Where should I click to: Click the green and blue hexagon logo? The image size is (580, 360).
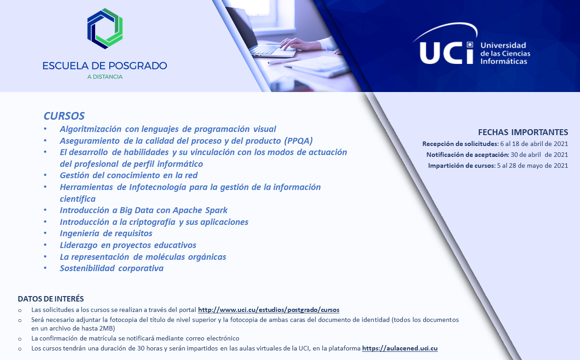coord(105,29)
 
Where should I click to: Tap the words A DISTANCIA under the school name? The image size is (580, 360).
coord(105,77)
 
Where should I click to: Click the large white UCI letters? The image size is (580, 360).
coord(446,53)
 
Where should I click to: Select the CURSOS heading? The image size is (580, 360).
coord(64,116)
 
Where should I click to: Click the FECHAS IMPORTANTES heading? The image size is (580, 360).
coord(523,132)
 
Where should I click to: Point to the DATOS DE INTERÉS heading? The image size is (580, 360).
coord(51,299)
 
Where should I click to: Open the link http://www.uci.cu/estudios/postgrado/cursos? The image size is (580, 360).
coord(269,310)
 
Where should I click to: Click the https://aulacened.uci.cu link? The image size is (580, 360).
coord(400,348)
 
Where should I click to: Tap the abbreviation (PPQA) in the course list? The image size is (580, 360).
coord(298,141)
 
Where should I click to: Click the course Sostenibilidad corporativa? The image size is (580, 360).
coord(111,268)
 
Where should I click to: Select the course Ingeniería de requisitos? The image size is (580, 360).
coord(106,233)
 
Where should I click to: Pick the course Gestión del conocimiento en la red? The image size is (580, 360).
coord(129,175)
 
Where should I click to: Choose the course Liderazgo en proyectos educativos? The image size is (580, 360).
coord(128,245)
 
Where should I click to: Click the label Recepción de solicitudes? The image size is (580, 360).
coord(460,144)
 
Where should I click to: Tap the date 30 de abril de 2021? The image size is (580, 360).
coord(539,155)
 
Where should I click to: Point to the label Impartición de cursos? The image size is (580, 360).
coord(461,165)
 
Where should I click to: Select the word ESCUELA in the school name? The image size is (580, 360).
coord(66,66)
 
